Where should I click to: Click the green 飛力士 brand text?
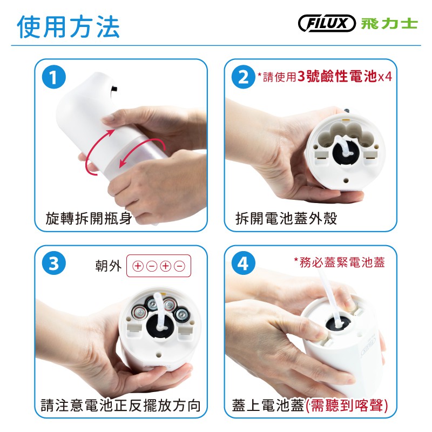(389, 23)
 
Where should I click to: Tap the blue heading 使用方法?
(69, 26)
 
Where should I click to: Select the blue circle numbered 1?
(54, 77)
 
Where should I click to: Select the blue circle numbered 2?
(244, 77)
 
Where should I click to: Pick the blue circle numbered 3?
(54, 263)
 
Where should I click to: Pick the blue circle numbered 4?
(244, 263)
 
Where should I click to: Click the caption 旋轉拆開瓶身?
(89, 219)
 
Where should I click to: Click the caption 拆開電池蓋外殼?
(286, 219)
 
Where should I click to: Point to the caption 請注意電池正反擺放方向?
(120, 406)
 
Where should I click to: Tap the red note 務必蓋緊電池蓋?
(340, 262)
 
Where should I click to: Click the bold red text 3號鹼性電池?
(337, 76)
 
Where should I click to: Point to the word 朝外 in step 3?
(109, 266)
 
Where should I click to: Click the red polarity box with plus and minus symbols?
(159, 266)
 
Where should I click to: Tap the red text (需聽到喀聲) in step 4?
(347, 406)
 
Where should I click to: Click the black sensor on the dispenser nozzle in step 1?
(114, 89)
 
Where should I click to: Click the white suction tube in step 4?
(330, 295)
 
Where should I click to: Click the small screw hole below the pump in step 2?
(346, 181)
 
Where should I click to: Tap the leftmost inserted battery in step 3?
(139, 312)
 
